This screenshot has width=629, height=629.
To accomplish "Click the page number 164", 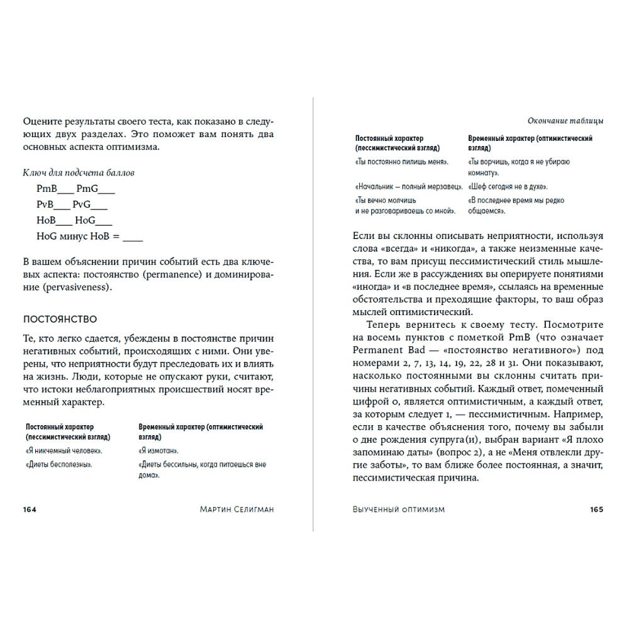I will [30, 509].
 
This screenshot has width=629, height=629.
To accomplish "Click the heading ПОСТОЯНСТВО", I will [60, 320].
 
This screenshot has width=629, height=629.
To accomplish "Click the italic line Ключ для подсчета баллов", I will [79, 172].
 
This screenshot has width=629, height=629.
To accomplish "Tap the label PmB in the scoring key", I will [47, 188].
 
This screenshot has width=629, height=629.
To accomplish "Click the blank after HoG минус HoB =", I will [133, 237].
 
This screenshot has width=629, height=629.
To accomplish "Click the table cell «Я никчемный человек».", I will [64, 451].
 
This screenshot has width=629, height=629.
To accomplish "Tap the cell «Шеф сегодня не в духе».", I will [508, 187].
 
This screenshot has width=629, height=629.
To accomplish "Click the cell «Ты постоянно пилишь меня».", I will [402, 162].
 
